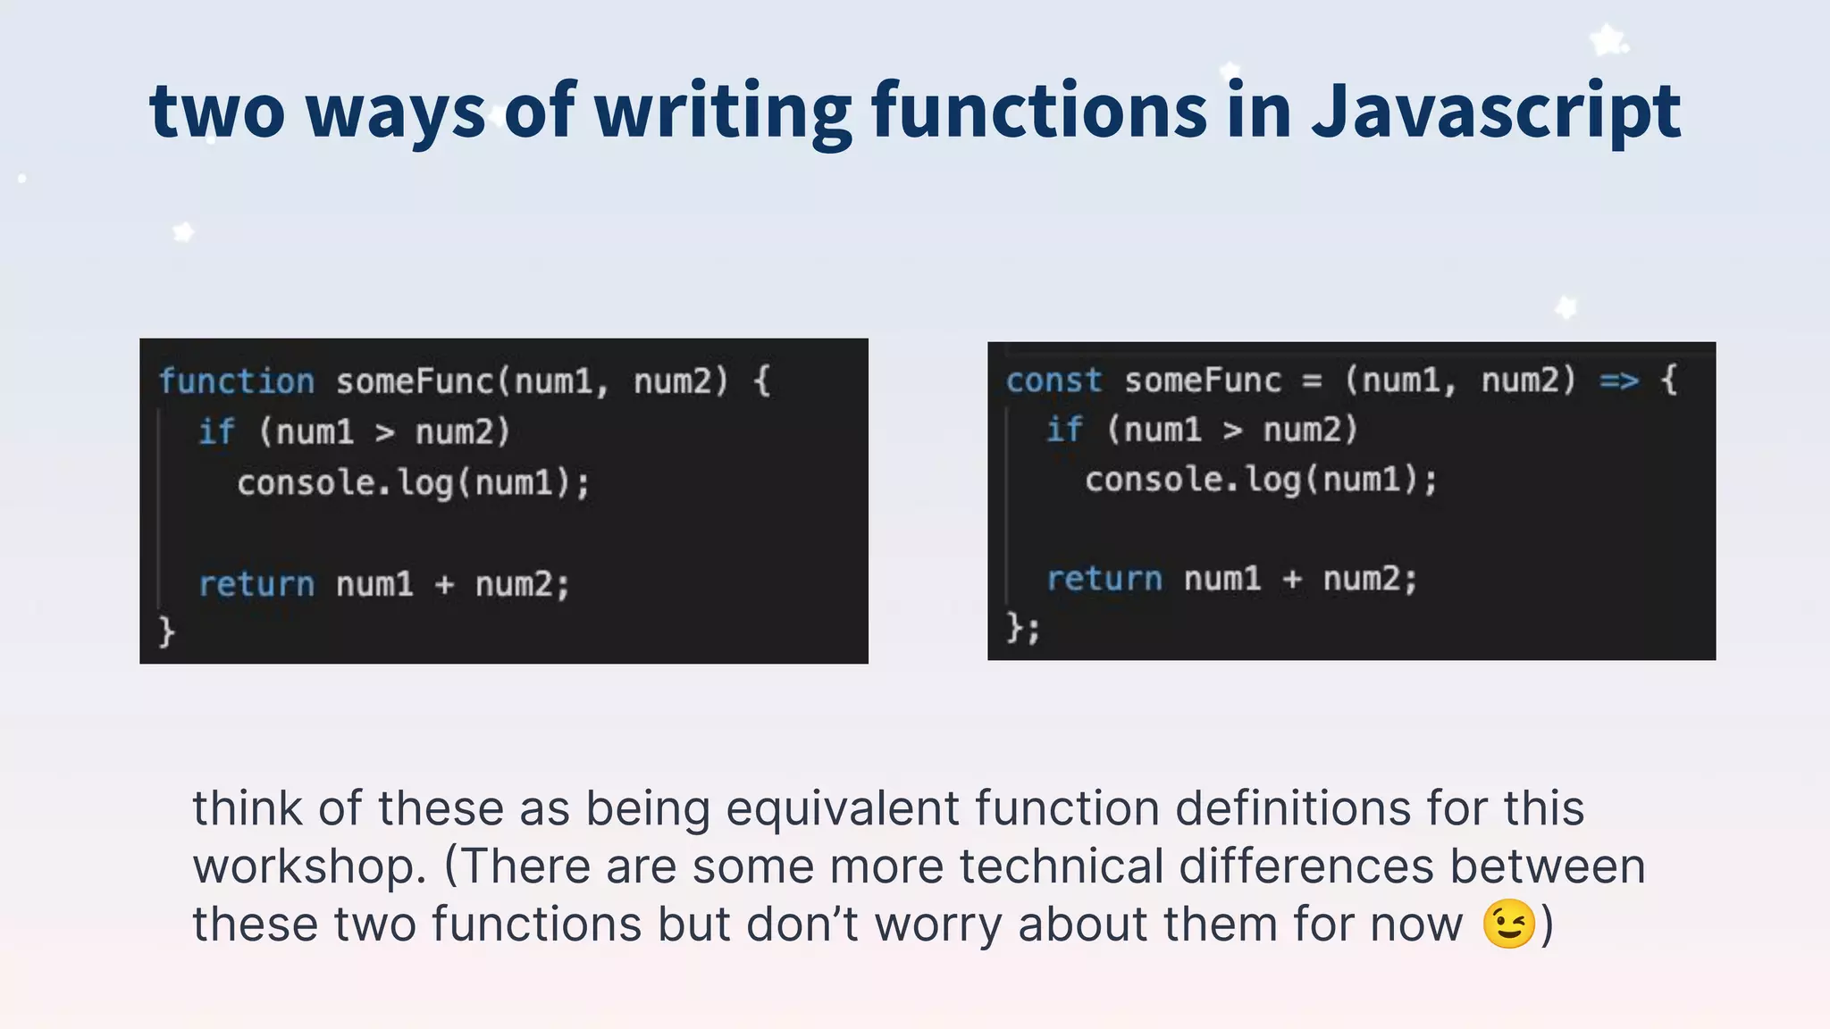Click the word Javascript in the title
pos(1496,112)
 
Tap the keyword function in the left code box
pos(237,381)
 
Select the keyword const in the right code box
pos(1054,381)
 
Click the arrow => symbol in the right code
pos(1619,381)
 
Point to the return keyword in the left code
pos(256,584)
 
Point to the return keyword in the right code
pos(1104,579)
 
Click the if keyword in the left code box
pos(216,431)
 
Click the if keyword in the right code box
pos(1064,430)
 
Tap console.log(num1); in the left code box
pos(413,483)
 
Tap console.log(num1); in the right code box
pos(1261,480)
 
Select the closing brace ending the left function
pos(166,632)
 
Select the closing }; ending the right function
pos(1023,627)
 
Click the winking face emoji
pos(1508,924)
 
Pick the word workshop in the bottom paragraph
pos(309,866)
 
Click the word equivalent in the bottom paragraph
pos(843,808)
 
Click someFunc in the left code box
pos(415,381)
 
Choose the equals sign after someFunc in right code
pos(1312,381)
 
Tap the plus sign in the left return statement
pos(444,585)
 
